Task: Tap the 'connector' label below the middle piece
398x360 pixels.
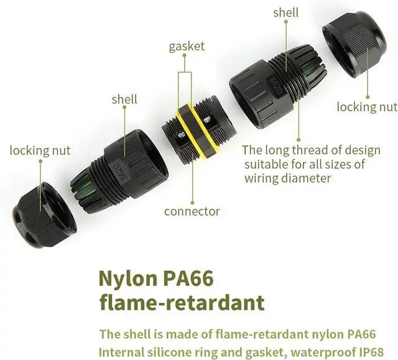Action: tap(192, 211)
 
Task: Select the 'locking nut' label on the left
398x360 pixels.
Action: tap(40, 150)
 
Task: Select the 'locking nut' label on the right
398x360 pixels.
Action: tap(366, 107)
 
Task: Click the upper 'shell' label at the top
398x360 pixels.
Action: tap(285, 12)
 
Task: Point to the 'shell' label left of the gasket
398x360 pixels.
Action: tap(124, 99)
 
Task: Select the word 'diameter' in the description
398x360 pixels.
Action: tap(303, 178)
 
